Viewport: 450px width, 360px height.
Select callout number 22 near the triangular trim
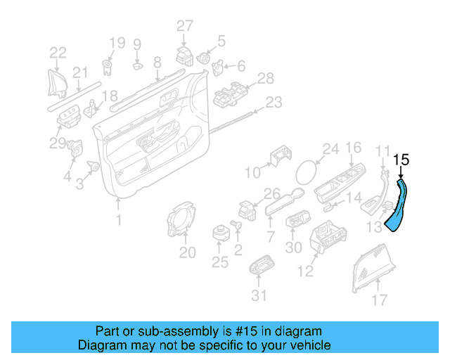click(58, 52)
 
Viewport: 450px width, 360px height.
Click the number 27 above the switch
click(184, 27)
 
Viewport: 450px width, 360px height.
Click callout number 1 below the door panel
click(118, 221)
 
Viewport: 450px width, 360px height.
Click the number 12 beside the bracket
click(306, 271)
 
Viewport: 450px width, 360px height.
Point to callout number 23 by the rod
click(273, 103)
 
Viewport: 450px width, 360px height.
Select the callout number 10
click(252, 172)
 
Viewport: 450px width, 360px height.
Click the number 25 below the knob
click(220, 262)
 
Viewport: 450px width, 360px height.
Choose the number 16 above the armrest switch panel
click(353, 148)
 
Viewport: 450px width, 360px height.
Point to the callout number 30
click(294, 247)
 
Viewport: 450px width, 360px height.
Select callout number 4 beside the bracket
click(67, 177)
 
